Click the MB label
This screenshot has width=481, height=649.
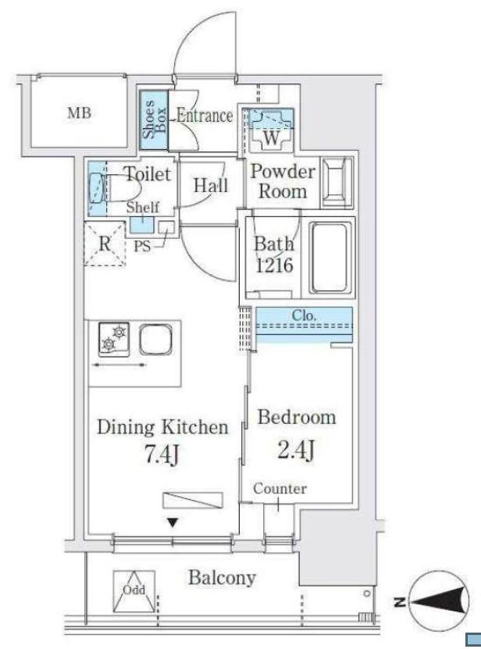point(79,112)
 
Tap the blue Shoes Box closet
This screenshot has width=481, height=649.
point(154,120)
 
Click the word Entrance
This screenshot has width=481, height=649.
point(205,115)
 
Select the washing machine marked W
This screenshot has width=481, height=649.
point(271,129)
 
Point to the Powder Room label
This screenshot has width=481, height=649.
point(283,181)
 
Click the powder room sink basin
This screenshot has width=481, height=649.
point(337,182)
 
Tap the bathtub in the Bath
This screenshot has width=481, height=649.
point(330,258)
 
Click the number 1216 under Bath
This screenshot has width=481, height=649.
point(274,265)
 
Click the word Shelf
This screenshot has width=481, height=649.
point(143,207)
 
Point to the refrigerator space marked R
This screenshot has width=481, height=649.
point(105,244)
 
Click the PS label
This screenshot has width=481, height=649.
point(141,247)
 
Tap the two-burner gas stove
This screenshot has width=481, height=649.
point(114,339)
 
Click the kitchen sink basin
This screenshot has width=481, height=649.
point(155,339)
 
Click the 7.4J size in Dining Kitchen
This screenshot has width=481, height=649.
point(162,455)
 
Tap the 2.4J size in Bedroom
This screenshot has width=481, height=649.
point(296,449)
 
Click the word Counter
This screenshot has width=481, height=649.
point(280,489)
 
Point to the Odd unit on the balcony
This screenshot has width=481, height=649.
point(134,591)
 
